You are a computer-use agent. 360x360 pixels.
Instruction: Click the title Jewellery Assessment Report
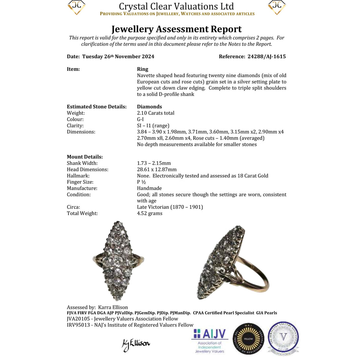176,29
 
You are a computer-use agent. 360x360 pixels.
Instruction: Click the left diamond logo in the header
77,7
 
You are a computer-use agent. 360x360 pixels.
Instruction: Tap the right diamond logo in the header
277,7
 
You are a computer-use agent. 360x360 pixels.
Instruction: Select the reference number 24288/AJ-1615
267,56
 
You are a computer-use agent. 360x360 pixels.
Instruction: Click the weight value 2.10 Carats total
156,113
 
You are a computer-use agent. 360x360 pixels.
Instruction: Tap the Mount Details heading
85,157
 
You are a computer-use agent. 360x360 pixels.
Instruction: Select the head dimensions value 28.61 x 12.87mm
157,169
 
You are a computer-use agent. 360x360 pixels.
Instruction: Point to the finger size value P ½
142,182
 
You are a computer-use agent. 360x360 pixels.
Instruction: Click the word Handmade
149,188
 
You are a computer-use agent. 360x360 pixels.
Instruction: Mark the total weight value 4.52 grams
149,213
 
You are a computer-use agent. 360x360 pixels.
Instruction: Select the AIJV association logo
210,340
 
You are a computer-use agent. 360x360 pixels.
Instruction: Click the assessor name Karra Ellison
113,307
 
